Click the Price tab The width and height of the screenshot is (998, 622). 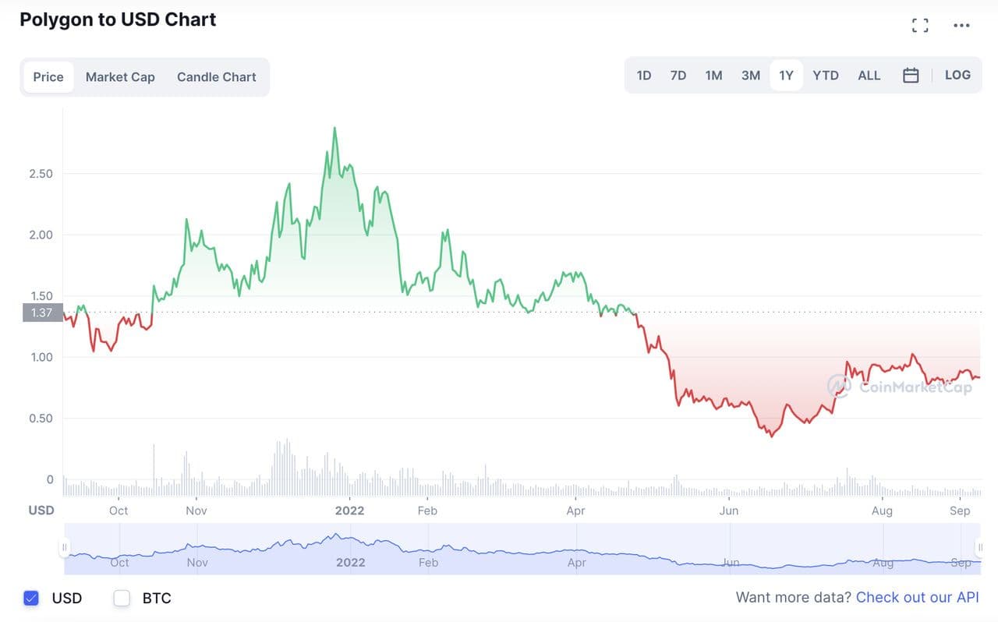coord(48,77)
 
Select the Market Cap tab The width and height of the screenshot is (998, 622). coord(120,77)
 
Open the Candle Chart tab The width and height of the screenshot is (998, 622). coord(216,77)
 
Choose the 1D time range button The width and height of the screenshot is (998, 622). coord(644,76)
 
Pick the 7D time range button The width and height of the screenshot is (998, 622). coord(678,76)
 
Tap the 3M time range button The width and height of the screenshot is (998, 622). coord(750,76)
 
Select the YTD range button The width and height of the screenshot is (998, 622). coord(826,76)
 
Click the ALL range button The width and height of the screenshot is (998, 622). coord(869,76)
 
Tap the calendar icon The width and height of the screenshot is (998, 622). coord(911,76)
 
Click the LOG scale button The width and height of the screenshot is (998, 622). coord(957,76)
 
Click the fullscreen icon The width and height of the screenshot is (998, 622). coord(920,26)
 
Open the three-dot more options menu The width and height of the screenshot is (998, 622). coord(961,26)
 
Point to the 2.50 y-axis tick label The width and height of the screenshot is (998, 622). coord(41,173)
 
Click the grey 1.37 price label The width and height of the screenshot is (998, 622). coord(42,313)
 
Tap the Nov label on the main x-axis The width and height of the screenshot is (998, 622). coord(196,511)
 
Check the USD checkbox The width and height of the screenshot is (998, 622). coord(31,598)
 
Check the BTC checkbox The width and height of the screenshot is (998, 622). coord(122,598)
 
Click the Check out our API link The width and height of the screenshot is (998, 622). coord(917,597)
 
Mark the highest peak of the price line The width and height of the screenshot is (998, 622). coord(334,128)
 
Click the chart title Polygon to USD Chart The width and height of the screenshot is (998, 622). coord(118,19)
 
